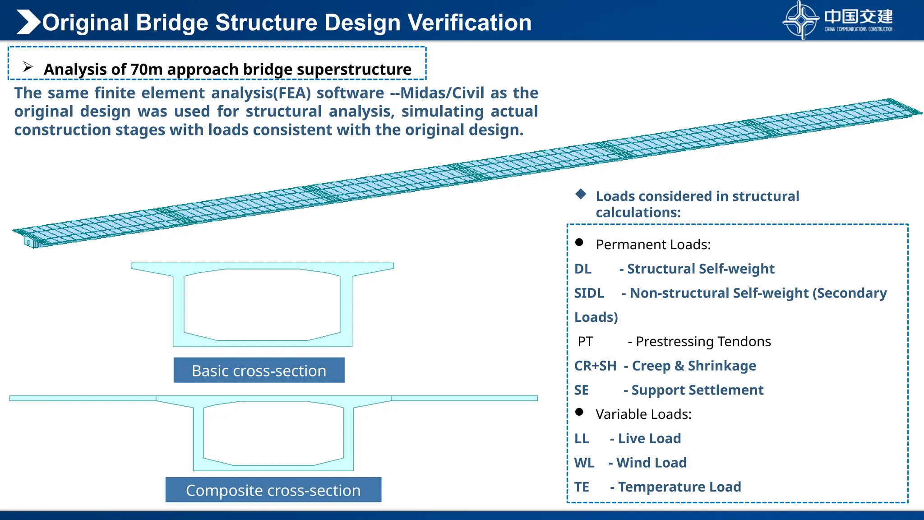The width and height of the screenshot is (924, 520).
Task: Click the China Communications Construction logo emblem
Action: pyautogui.click(x=800, y=20)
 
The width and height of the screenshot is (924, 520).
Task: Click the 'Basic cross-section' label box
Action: pyautogui.click(x=259, y=371)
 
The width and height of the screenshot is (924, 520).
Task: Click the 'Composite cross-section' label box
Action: pyautogui.click(x=273, y=490)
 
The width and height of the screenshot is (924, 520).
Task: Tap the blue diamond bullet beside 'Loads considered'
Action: pyautogui.click(x=581, y=194)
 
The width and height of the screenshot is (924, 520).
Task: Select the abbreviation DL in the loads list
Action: pyautogui.click(x=582, y=269)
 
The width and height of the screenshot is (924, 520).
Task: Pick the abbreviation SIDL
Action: pyautogui.click(x=589, y=293)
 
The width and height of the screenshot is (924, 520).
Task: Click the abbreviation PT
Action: pyautogui.click(x=585, y=342)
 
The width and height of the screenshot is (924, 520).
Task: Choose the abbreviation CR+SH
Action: pyautogui.click(x=595, y=366)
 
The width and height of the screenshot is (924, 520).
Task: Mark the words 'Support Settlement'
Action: pyautogui.click(x=697, y=390)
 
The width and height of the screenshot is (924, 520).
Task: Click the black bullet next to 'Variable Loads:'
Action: pyautogui.click(x=579, y=412)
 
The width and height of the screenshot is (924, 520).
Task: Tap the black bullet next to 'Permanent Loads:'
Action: pyautogui.click(x=579, y=242)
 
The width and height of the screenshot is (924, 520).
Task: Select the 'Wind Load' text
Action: pyautogui.click(x=651, y=463)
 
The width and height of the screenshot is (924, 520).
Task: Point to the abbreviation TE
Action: pyautogui.click(x=582, y=487)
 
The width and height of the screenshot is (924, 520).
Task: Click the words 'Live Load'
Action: pyautogui.click(x=649, y=438)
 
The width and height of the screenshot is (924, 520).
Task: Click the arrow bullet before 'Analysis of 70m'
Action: pyautogui.click(x=28, y=67)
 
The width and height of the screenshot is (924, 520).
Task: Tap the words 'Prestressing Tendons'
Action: pyautogui.click(x=703, y=342)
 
